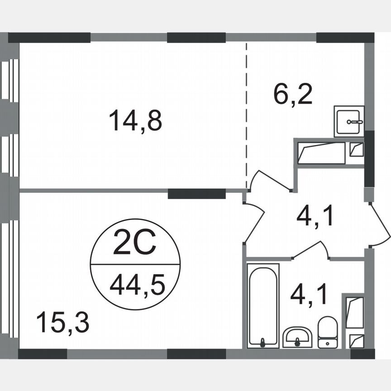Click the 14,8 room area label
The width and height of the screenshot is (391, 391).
pyautogui.click(x=135, y=121)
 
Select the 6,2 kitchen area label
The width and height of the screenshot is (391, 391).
pyautogui.click(x=293, y=94)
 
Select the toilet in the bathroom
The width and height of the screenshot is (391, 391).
pyautogui.click(x=327, y=332)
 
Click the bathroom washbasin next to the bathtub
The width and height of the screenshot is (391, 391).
pyautogui.click(x=297, y=337)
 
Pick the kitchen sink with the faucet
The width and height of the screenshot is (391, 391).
pyautogui.click(x=349, y=121)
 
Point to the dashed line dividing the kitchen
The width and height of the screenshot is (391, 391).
pyautogui.click(x=247, y=113)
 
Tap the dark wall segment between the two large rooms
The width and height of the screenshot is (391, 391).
pyautogui.click(x=196, y=194)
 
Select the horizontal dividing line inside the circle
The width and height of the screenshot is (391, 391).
pyautogui.click(x=135, y=264)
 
